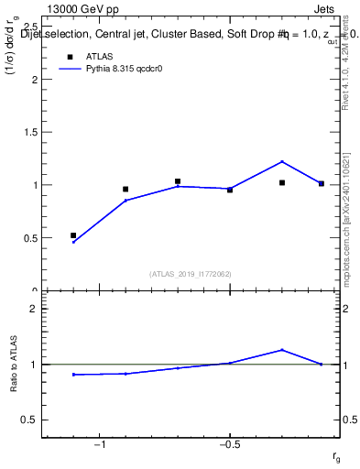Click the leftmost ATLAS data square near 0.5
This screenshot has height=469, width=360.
(73, 235)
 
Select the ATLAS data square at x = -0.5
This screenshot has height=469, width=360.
(230, 190)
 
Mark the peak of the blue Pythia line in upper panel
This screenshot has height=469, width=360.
(282, 161)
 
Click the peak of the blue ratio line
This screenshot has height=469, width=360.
(282, 350)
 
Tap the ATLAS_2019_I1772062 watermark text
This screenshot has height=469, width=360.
(190, 273)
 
